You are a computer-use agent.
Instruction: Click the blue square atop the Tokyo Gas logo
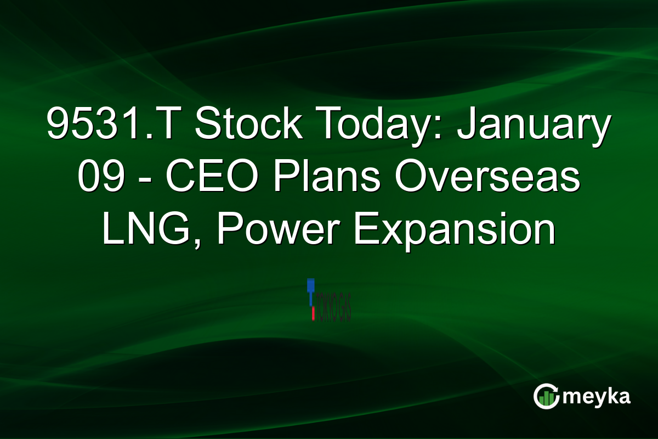(310, 284)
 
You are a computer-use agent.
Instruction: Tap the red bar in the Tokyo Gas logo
(313, 313)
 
